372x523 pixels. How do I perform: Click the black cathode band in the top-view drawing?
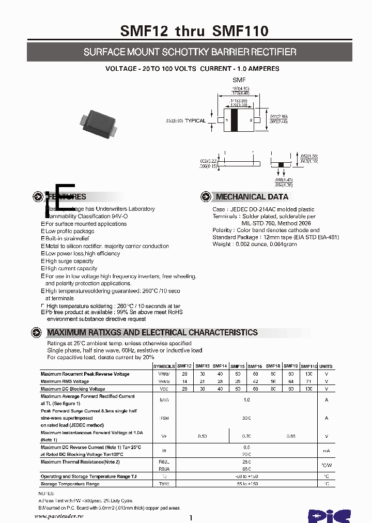coord(234,120)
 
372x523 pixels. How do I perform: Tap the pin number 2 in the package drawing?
coord(251,120)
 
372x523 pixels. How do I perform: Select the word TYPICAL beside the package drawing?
coord(195,121)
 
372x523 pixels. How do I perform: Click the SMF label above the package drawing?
coord(239,80)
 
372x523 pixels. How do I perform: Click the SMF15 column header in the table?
coord(238,366)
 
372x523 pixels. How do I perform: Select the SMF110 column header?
coord(309,366)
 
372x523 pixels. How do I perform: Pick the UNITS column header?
coord(326,366)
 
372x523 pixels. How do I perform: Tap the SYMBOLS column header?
coord(164,366)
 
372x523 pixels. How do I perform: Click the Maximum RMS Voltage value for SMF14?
coord(220,381)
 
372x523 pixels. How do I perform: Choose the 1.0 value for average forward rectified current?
coord(246,399)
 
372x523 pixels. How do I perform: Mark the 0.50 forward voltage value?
coord(203,437)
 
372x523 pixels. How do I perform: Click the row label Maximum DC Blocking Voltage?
coord(73,389)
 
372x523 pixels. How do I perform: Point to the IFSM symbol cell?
coord(164,418)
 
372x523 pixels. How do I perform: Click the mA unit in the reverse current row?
coord(326,451)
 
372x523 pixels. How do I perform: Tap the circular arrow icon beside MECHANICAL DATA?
coord(206,196)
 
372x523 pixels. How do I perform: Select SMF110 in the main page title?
coord(240,31)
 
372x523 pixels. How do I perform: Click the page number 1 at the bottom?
coord(191,517)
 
